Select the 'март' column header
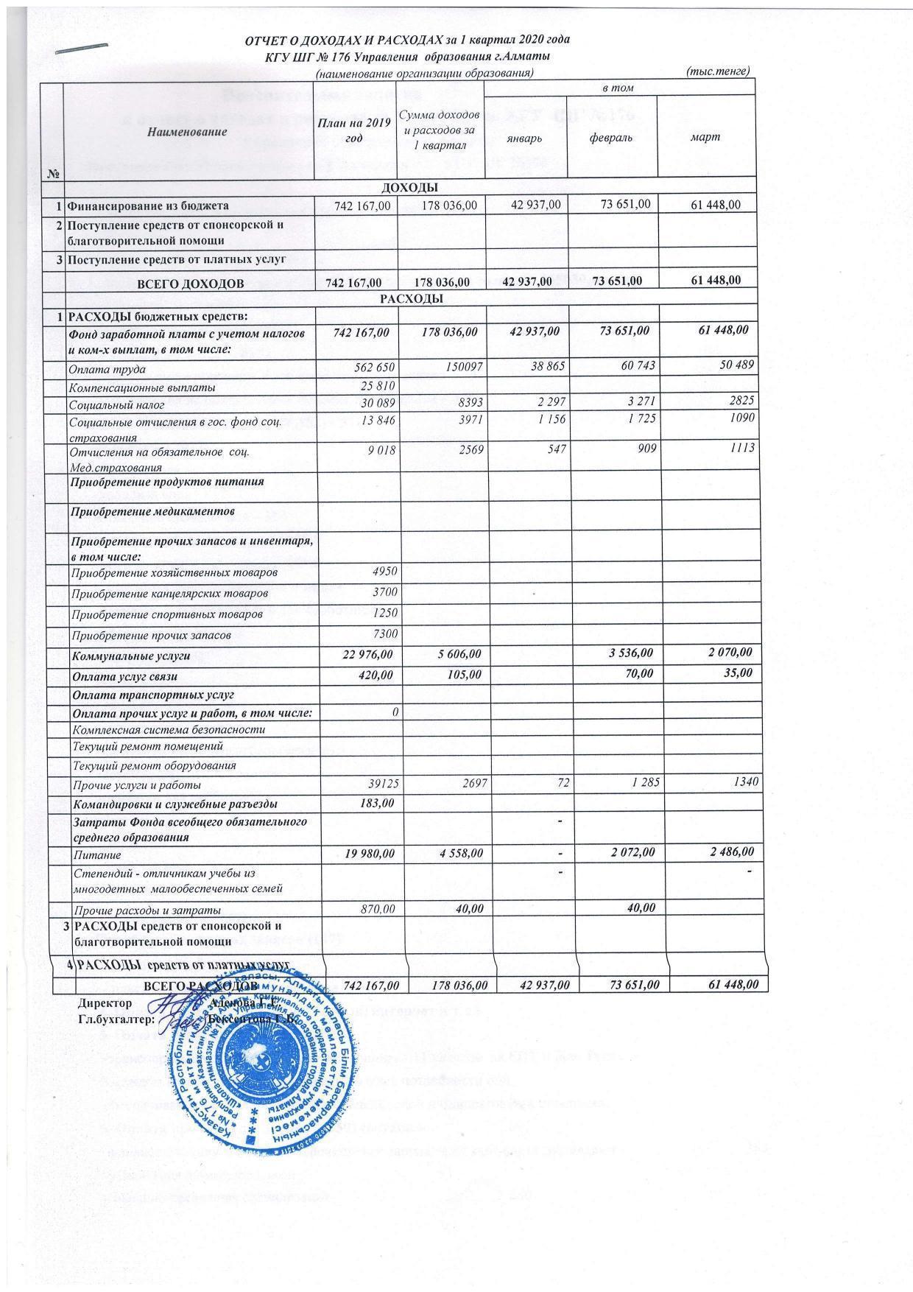(710, 137)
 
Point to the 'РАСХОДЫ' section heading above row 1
(411, 299)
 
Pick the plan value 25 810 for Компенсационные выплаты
(377, 386)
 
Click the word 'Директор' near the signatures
(105, 1003)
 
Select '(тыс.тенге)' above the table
(716, 71)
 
